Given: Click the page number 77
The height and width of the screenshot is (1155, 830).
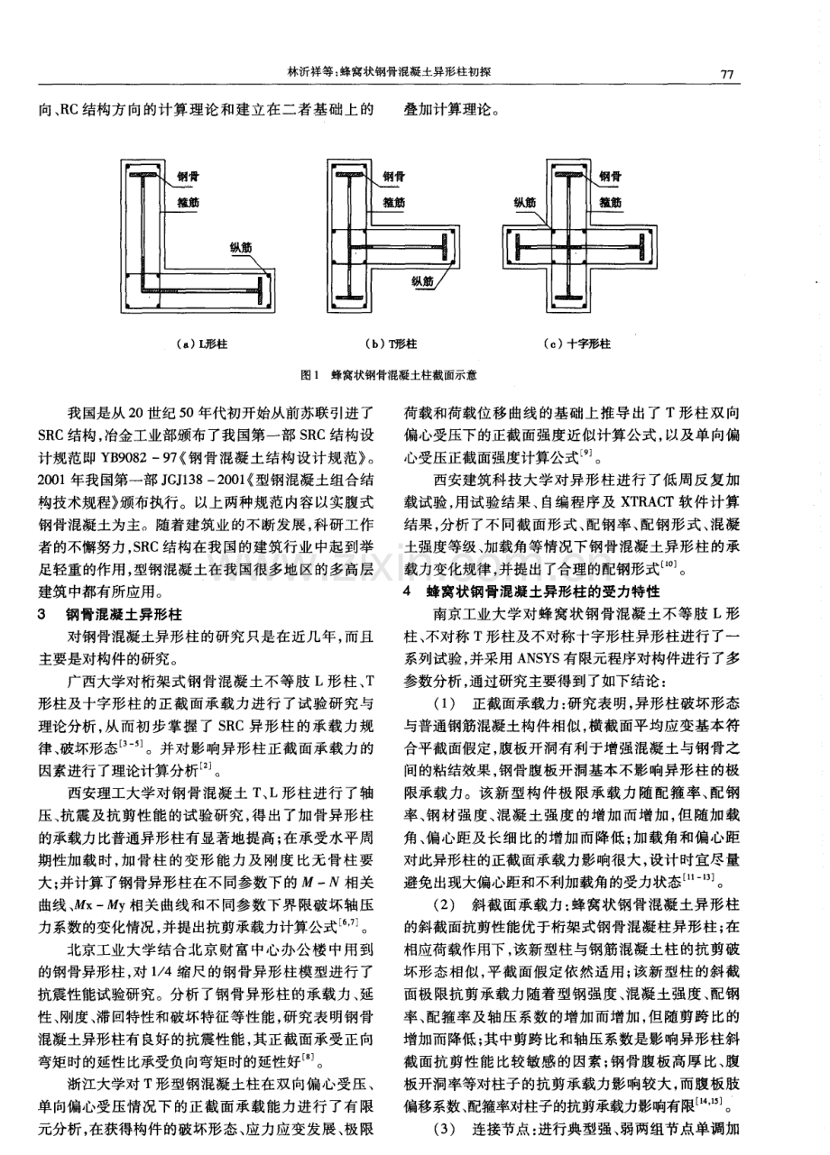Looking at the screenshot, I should tap(729, 74).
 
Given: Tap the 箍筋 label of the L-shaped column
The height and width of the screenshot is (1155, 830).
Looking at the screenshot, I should tap(190, 202).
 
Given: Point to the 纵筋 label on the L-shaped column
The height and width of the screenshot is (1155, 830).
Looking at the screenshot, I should tap(239, 243).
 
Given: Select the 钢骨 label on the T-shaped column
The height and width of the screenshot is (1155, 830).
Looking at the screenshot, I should tap(393, 177).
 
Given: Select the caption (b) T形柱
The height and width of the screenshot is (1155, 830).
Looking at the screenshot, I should tap(391, 344).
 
